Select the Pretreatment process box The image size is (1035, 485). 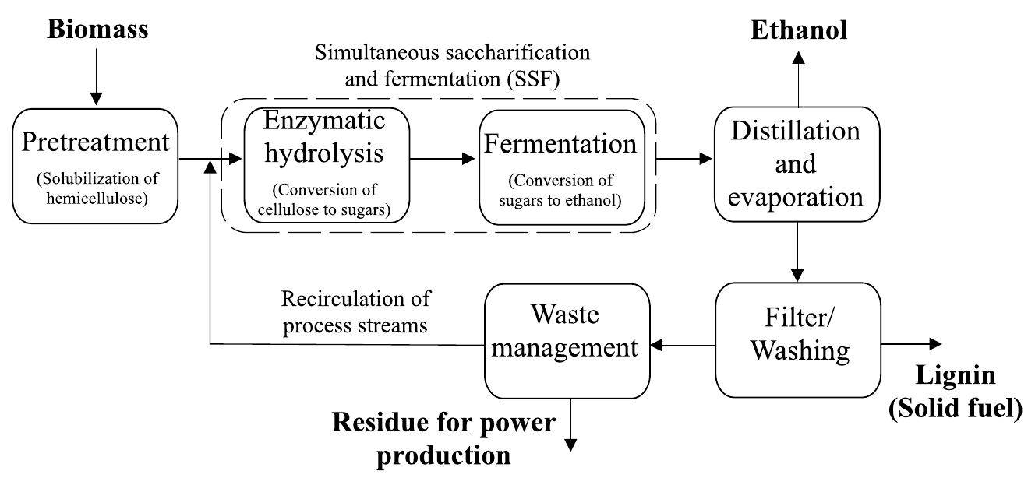pyautogui.click(x=96, y=166)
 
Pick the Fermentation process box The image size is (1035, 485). pyautogui.click(x=561, y=166)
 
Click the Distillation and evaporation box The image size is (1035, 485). pyautogui.click(x=797, y=164)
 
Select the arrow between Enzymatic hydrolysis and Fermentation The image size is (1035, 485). pyautogui.click(x=443, y=158)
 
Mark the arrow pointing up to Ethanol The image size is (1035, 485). pyautogui.click(x=798, y=78)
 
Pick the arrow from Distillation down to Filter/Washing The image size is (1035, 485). pyautogui.click(x=797, y=252)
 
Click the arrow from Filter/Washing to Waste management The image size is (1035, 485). pyautogui.click(x=683, y=344)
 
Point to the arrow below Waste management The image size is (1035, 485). pyautogui.click(x=570, y=425)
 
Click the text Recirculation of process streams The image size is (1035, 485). pyautogui.click(x=355, y=311)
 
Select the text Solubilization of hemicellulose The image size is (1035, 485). pyautogui.click(x=97, y=189)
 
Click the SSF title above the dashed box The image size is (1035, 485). pyautogui.click(x=452, y=65)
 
